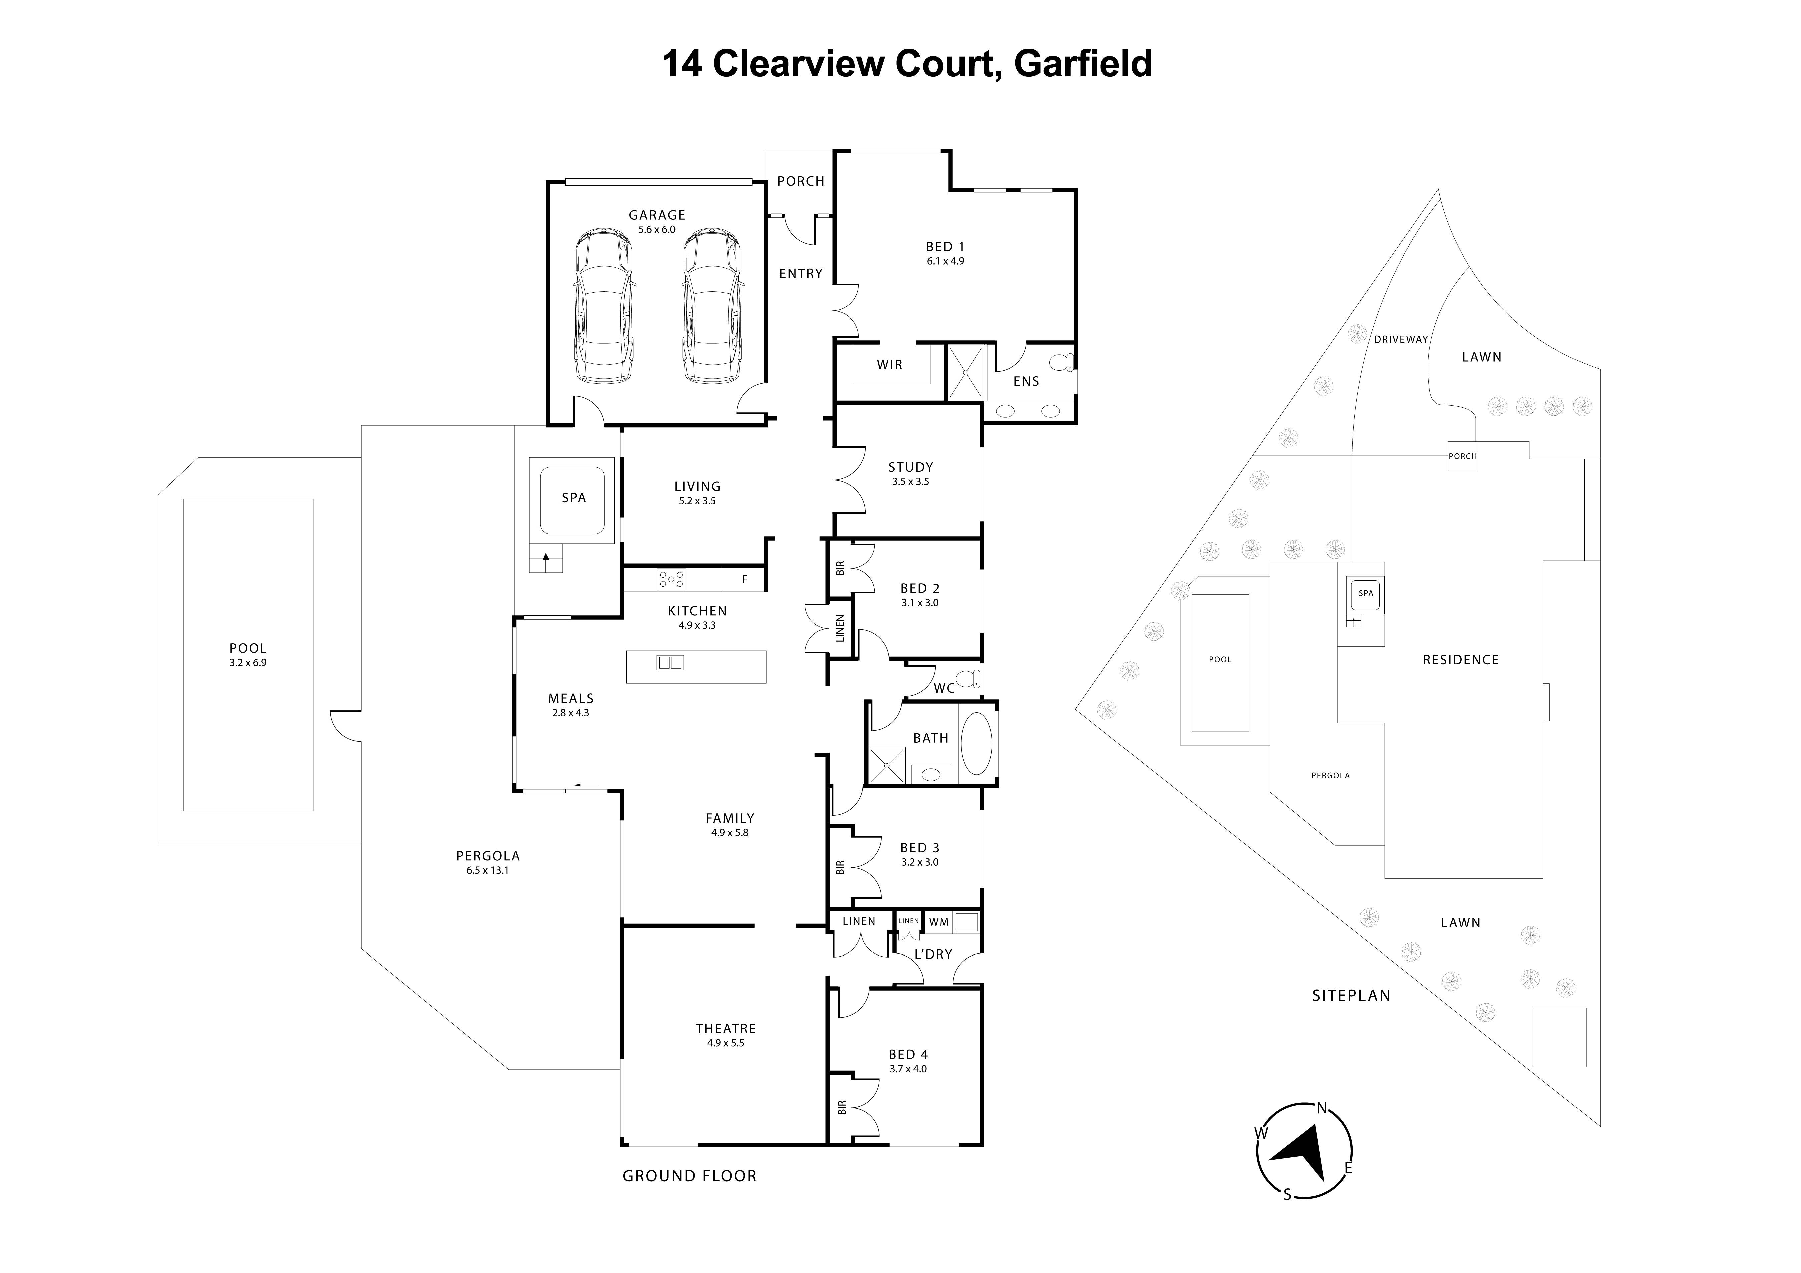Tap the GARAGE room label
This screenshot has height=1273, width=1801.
pos(656,215)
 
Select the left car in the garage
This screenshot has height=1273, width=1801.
pos(602,306)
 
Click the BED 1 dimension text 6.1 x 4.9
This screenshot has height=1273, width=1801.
pos(945,261)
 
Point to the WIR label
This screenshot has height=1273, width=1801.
pos(890,365)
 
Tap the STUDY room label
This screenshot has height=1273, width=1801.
pos(911,467)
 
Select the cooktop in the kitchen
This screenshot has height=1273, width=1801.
pos(671,580)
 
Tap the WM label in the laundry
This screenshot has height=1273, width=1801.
pos(939,922)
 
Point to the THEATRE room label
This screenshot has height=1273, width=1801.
pos(726,1028)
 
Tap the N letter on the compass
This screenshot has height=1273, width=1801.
pos(1322,1108)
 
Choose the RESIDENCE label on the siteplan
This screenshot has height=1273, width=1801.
pos(1460,660)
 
